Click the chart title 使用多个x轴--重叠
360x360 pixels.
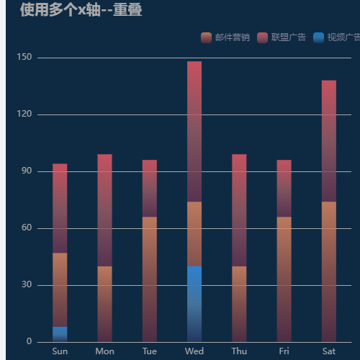tap(81, 10)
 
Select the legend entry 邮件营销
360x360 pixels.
tap(225, 37)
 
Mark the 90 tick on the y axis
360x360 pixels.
tap(26, 171)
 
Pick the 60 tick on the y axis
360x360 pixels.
tap(26, 228)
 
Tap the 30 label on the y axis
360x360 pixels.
tap(26, 285)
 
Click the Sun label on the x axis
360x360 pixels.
tap(60, 351)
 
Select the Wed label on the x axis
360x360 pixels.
tap(194, 351)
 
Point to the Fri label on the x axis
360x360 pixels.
tap(284, 351)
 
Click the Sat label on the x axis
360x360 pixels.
tap(329, 351)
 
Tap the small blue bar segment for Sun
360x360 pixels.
tap(60, 334)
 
